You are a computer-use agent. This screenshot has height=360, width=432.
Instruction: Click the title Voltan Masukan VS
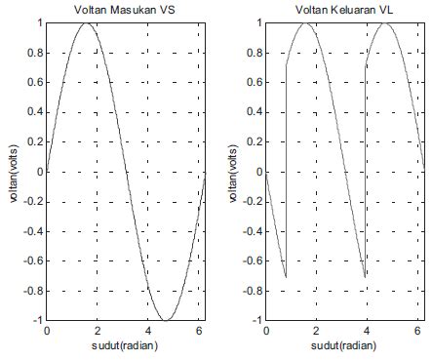coord(126,10)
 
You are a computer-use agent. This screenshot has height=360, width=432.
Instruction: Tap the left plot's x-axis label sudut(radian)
coord(126,347)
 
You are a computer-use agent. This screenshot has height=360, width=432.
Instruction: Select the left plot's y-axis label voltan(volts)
coord(14,173)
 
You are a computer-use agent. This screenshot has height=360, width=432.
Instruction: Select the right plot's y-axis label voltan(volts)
coord(233,173)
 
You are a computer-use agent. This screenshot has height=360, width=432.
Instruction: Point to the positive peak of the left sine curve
coord(86,22)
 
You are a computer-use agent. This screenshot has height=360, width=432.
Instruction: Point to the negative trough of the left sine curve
coord(166,320)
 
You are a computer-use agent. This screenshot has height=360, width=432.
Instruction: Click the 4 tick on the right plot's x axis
coord(367,332)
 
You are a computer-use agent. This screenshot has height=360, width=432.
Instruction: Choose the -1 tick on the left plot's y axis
coord(37,320)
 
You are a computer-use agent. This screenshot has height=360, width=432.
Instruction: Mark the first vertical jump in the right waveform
coord(286,172)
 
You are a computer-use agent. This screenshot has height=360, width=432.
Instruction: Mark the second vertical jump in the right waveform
coord(366,172)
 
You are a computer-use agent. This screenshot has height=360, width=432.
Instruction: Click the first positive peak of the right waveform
coord(306,22)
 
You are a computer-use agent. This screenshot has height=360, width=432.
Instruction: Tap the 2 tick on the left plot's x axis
coord(98,332)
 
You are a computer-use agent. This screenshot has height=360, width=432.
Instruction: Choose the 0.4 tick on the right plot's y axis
coord(255,112)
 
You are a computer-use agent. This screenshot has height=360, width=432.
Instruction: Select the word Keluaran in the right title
coord(353,10)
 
